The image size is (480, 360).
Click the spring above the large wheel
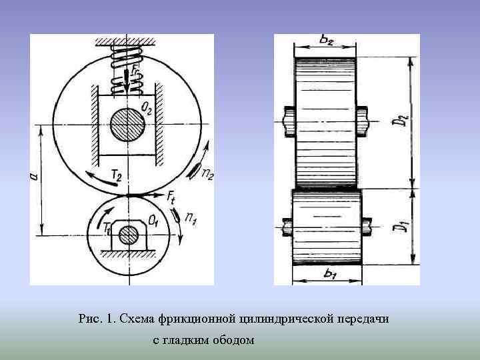(x=128, y=67)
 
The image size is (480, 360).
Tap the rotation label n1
(x=191, y=217)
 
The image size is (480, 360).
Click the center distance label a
(x=34, y=176)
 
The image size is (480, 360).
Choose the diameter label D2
(x=399, y=121)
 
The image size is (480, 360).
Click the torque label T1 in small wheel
(x=109, y=227)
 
